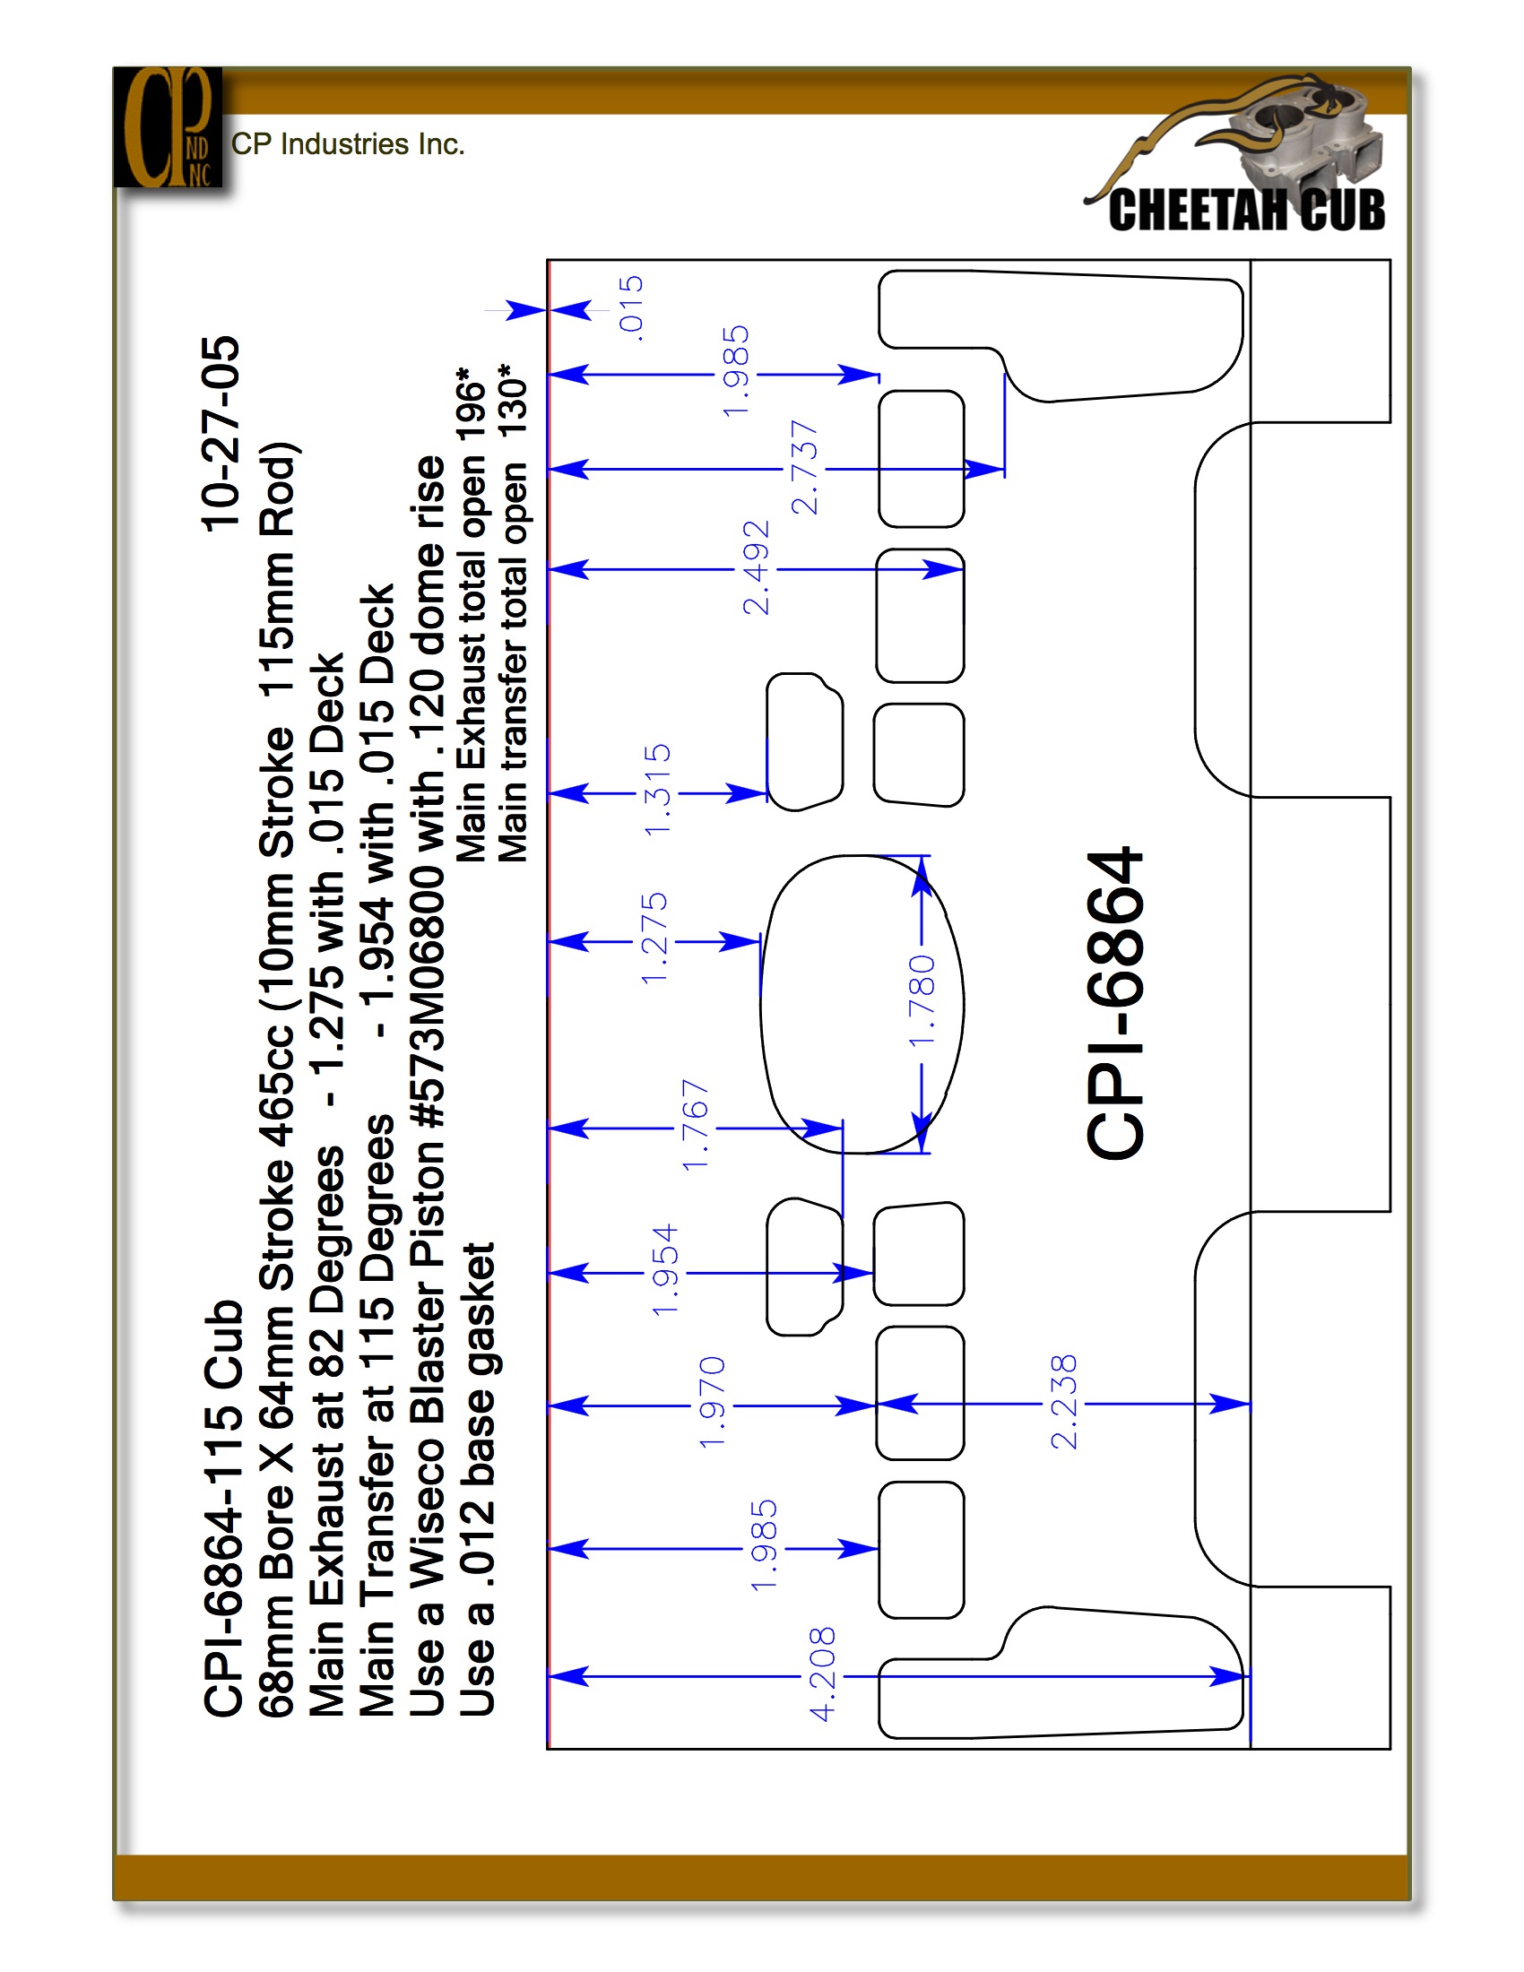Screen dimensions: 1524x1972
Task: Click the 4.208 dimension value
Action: [x=822, y=1675]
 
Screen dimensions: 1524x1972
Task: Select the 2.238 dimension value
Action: [x=1063, y=1402]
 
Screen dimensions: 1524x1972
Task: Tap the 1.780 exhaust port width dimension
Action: [x=922, y=1001]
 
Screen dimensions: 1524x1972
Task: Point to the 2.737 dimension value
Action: [x=803, y=468]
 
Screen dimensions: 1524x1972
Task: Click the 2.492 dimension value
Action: [x=756, y=568]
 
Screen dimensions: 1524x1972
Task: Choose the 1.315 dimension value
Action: [x=657, y=790]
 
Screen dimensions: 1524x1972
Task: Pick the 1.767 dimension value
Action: [x=696, y=1125]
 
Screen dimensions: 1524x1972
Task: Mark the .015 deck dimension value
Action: [x=630, y=309]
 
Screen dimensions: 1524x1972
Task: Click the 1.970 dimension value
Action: [x=713, y=1402]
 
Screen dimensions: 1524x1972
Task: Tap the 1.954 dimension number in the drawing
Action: [x=664, y=1270]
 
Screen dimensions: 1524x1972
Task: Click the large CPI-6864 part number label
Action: [x=1115, y=1002]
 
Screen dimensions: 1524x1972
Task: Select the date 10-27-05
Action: [x=221, y=434]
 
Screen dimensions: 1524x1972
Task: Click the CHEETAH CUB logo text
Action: [x=1247, y=210]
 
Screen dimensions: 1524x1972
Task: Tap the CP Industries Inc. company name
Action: [x=348, y=144]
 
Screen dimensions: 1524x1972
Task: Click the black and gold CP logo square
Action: [x=168, y=127]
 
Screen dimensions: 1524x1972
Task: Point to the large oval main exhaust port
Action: [x=862, y=1004]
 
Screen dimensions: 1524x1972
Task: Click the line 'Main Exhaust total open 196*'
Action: [x=471, y=614]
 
